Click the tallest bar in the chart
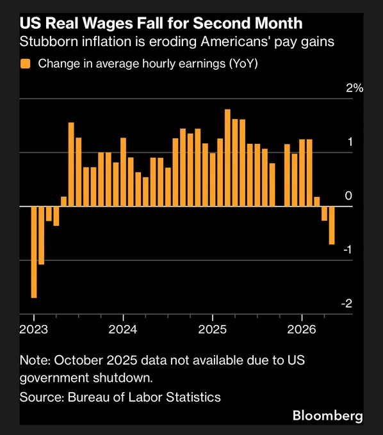[x=227, y=157]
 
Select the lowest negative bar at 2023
[x=34, y=252]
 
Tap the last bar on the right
[x=332, y=225]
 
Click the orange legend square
[x=25, y=63]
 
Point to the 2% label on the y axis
[x=354, y=88]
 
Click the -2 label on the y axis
[x=346, y=303]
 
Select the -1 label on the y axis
[x=347, y=249]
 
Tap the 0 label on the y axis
[x=348, y=196]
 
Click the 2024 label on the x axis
[x=123, y=329]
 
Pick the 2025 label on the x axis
[x=213, y=329]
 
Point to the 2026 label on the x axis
[x=302, y=329]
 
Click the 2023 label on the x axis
[x=33, y=329]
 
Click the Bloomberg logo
[x=328, y=416]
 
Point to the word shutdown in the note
[x=123, y=378]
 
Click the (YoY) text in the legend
[x=243, y=63]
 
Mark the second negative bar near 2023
[x=41, y=235]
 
